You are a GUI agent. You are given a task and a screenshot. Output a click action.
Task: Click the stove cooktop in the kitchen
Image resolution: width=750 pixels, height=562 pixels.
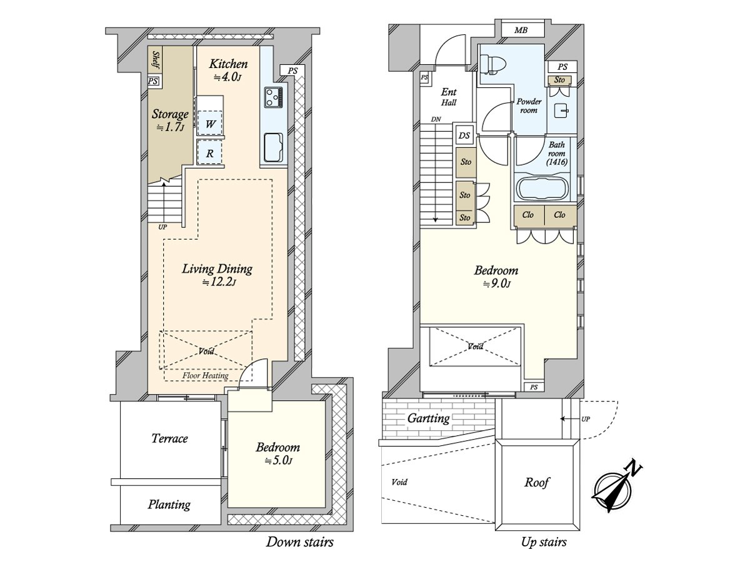coord(273,97)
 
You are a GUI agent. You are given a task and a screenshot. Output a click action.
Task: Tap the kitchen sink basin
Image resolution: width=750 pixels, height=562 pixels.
coord(273,147)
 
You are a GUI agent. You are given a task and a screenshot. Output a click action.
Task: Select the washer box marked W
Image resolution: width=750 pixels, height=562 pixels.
coord(210,123)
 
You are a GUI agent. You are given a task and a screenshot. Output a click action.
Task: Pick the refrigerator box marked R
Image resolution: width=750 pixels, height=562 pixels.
coord(210,152)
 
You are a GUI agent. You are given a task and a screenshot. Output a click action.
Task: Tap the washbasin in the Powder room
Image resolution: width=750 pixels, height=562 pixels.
coord(561,111)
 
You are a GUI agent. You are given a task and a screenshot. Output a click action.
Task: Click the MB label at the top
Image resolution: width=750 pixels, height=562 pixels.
coord(521,31)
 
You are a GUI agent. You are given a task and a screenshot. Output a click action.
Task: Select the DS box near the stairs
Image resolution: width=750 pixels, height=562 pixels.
coord(464,136)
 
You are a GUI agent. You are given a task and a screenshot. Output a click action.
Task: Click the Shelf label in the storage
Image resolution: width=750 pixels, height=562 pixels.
coord(156,59)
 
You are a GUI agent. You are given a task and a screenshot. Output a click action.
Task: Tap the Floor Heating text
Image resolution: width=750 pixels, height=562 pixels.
coord(206,376)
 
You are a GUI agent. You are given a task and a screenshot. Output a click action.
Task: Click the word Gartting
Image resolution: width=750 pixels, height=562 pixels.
coord(429,418)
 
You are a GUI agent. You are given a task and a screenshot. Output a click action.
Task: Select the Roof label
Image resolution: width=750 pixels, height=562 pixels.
coord(537,482)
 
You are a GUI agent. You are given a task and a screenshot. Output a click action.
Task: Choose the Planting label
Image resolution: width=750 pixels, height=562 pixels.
coord(169,505)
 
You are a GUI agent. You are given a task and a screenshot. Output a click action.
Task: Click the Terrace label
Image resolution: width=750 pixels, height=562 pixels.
coord(169,438)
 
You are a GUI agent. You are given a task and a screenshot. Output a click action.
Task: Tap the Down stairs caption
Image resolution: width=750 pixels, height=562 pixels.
coord(299,541)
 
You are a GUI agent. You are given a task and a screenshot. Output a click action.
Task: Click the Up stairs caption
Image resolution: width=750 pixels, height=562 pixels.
coord(544,542)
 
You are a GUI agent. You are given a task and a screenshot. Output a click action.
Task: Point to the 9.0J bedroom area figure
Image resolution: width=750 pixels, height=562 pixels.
coord(496,284)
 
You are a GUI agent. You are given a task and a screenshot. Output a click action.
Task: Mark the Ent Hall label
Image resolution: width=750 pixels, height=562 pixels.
coord(449,97)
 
